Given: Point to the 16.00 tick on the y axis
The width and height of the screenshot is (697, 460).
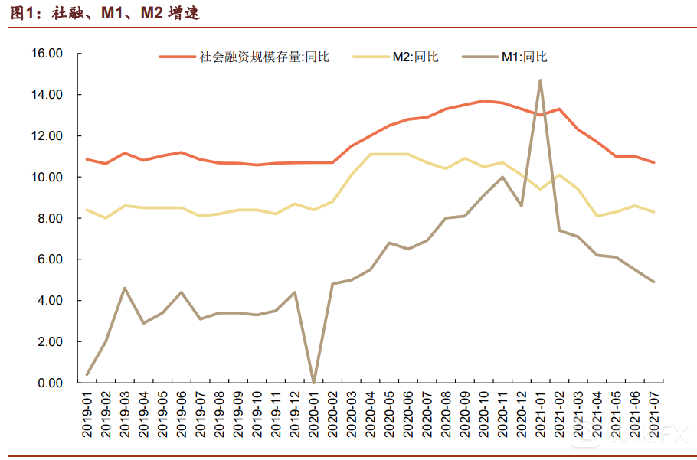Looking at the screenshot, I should [x=46, y=54].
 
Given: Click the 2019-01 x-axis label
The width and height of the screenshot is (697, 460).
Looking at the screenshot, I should [x=87, y=414].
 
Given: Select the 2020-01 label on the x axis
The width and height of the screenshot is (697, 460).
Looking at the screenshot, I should [x=314, y=414].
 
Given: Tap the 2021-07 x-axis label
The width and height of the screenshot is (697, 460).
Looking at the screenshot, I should [x=654, y=414].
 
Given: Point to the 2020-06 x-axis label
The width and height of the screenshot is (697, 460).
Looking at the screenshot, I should [x=408, y=414].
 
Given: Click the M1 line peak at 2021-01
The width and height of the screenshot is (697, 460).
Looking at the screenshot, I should [x=540, y=80].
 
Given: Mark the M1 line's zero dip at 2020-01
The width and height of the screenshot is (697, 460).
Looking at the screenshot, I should [x=313, y=381].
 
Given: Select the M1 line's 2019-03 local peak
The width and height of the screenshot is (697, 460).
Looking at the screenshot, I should [x=125, y=289].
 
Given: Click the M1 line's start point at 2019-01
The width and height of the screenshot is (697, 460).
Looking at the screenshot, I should [x=87, y=374].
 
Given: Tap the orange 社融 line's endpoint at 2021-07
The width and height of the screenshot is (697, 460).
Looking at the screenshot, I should [x=653, y=162].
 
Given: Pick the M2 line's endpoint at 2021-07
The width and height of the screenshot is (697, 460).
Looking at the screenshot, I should [x=653, y=212].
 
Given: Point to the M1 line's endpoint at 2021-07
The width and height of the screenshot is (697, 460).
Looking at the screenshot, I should [x=653, y=282].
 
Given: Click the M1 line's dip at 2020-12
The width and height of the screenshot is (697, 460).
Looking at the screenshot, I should [x=521, y=206].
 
